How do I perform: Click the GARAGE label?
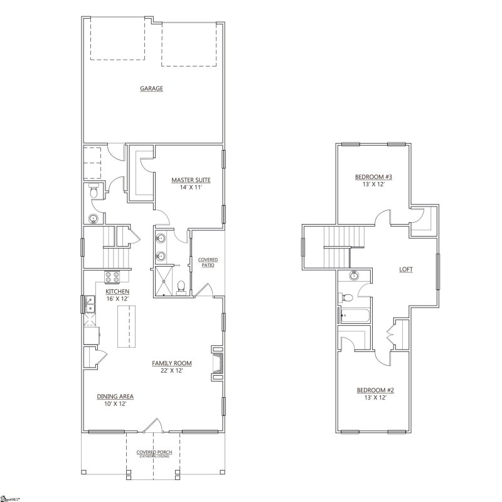151,88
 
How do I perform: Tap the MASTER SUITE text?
191,180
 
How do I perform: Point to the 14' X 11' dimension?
191,188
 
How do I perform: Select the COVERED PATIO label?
207,262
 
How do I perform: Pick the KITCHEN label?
117,292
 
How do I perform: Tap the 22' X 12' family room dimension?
171,370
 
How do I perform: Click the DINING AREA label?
115,397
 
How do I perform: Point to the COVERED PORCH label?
154,452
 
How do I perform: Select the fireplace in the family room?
217,362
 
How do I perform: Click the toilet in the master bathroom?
181,287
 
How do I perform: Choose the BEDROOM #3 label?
373,177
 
